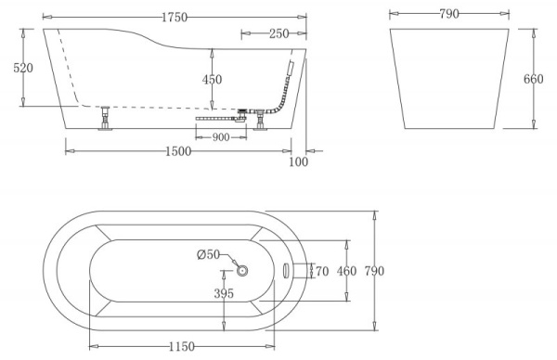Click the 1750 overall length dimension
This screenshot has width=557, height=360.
click(x=172, y=16)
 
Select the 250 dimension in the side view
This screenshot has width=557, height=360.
click(x=277, y=34)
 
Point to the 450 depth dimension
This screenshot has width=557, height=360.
click(x=213, y=80)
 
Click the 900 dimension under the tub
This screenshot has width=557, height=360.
click(x=221, y=137)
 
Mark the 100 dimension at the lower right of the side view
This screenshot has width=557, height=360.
click(x=298, y=162)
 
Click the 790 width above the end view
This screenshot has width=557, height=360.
click(x=449, y=16)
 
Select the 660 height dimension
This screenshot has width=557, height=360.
click(x=534, y=80)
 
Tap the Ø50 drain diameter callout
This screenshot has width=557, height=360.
click(x=208, y=254)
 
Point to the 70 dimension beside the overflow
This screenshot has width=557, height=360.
click(x=322, y=271)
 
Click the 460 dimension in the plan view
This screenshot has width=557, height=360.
click(x=346, y=271)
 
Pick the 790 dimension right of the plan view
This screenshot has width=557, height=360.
click(x=373, y=271)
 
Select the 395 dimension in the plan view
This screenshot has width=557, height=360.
click(x=224, y=293)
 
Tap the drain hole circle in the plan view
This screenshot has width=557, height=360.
click(x=243, y=271)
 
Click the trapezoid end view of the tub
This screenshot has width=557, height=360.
click(x=450, y=79)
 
